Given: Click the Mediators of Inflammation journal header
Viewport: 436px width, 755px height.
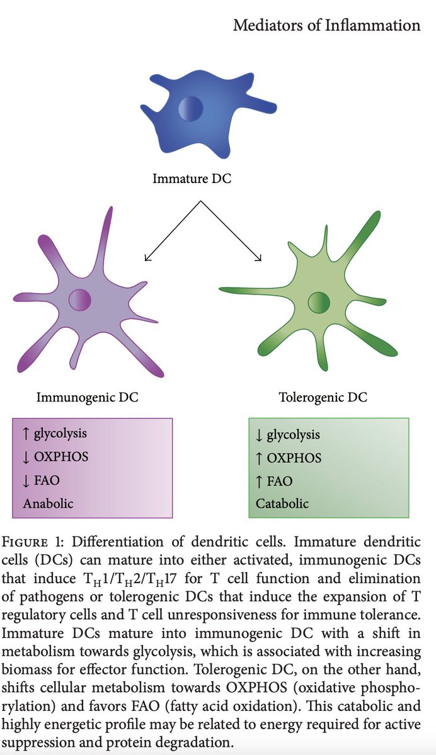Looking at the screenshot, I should [x=326, y=26].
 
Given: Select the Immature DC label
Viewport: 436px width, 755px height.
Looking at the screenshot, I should [x=192, y=179].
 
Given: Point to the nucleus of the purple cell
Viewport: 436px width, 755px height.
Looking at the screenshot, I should [x=80, y=299].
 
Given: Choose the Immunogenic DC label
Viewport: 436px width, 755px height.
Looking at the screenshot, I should [x=87, y=398].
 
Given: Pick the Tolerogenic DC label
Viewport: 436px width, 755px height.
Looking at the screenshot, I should [x=323, y=398].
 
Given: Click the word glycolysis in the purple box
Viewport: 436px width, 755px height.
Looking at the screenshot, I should [x=60, y=433].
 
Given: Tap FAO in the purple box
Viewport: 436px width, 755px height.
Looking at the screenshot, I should [x=47, y=480].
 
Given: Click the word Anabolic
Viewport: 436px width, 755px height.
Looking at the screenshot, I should [x=48, y=503].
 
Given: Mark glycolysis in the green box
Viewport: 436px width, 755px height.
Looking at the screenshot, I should [x=293, y=434].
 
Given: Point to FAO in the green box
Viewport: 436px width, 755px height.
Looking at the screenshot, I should [x=280, y=481].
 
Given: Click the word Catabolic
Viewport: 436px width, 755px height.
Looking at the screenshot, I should [x=282, y=504].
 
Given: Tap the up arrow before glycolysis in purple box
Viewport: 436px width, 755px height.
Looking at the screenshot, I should [x=26, y=433].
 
